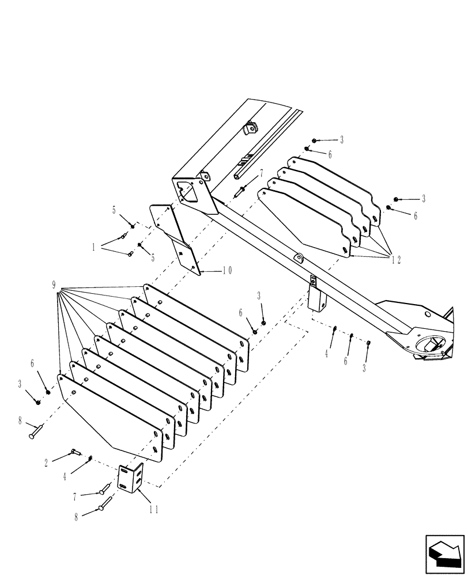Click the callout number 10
(225, 270)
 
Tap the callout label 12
(397, 260)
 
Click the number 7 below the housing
(261, 172)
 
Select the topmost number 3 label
(342, 140)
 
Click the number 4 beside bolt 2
(65, 478)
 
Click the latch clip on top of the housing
(249, 128)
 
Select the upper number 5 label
(114, 210)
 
